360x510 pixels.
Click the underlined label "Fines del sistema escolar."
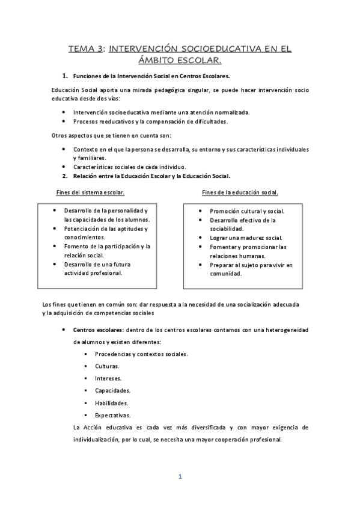tap(90, 192)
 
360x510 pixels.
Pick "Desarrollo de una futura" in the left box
tap(98, 264)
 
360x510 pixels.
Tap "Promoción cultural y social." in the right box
tap(247, 211)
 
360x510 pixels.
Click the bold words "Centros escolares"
tap(98, 330)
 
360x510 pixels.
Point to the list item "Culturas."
tap(107, 366)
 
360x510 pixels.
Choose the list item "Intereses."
tap(108, 378)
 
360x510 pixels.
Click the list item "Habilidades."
tap(111, 403)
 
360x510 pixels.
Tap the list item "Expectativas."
tap(112, 415)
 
